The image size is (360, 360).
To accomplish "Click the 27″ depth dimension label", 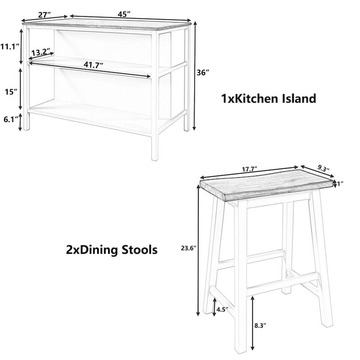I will point(44,14).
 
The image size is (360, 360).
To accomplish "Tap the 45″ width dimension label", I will point(124,14).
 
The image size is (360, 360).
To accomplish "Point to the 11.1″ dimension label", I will point(9,46).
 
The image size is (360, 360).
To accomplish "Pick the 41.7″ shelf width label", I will point(92,64).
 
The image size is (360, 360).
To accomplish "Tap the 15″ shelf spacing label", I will point(11,92).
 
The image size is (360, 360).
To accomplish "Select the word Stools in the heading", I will point(135,250).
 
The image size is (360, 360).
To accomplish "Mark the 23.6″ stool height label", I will point(187,247).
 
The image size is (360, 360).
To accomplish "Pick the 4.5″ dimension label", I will point(223,309).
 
